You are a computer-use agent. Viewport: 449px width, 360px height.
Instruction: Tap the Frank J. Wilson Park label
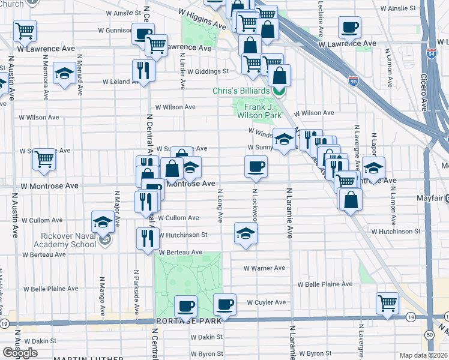(259, 110)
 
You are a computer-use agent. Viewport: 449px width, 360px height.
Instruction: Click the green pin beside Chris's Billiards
(279, 91)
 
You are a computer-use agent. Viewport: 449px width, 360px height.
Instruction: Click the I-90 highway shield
(353, 80)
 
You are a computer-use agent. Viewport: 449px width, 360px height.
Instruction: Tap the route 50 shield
(429, 334)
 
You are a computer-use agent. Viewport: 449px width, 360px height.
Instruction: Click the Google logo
(20, 353)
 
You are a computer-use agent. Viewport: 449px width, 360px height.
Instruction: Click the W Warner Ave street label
(264, 268)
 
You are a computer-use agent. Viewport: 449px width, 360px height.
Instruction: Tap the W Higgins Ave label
(200, 19)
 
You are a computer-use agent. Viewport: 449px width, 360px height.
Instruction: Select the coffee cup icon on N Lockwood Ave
(256, 166)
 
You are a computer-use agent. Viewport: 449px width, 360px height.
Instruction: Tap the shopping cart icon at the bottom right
(387, 302)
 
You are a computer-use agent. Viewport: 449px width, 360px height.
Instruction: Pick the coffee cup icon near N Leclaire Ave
(349, 27)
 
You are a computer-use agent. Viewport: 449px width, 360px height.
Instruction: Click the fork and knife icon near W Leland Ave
(143, 70)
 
